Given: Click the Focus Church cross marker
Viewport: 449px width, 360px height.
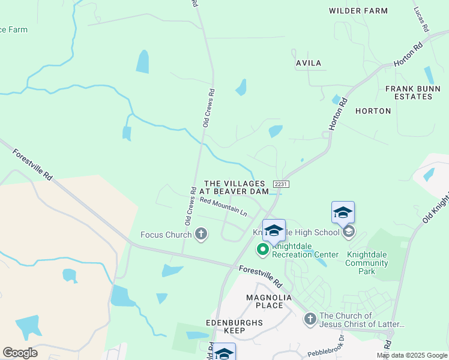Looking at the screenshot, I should click(201, 234).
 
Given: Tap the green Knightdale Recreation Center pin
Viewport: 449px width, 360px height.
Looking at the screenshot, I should click(263, 248).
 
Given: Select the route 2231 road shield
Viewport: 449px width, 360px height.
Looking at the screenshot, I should click(280, 184).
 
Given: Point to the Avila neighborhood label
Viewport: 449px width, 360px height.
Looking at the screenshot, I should click(309, 63).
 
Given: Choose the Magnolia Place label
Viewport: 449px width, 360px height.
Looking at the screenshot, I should click(265, 301).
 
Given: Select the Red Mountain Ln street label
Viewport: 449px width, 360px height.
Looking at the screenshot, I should click(223, 208).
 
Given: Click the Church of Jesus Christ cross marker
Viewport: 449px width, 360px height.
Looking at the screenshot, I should click(310, 319).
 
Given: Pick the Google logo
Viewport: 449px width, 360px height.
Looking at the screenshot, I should click(20, 353).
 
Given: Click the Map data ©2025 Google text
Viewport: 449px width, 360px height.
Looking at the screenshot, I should click(412, 355).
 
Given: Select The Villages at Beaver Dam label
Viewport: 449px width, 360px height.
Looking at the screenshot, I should click(235, 187).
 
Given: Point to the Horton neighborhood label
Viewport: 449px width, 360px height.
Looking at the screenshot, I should click(373, 111).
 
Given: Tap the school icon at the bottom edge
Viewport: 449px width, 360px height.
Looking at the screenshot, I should click(224, 353).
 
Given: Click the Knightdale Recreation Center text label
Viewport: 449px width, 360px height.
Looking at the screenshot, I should click(305, 250).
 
